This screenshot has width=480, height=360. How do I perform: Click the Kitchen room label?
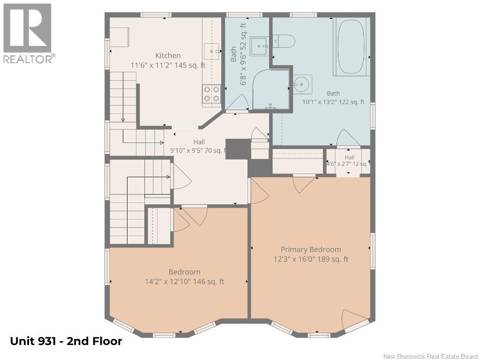point(168,55)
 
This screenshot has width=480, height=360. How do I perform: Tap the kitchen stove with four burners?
point(211,94)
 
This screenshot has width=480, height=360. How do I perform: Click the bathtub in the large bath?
point(351,46)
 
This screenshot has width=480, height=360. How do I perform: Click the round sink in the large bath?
point(303,84)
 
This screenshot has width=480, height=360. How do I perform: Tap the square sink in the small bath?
point(260,46)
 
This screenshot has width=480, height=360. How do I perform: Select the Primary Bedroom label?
point(311,249)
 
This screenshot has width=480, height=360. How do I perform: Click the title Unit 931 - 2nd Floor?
point(66,341)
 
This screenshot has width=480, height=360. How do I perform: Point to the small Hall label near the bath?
point(349,157)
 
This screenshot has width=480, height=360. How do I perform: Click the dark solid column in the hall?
point(238,149)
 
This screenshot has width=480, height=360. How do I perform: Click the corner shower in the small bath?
point(270,90)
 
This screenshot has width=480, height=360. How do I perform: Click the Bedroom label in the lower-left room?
point(184,272)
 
